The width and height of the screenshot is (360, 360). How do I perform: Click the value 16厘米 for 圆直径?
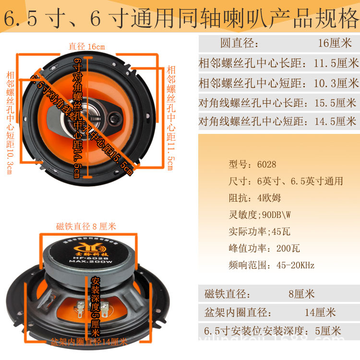[x=335, y=43]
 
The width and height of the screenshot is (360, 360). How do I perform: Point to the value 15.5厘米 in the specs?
[x=335, y=102]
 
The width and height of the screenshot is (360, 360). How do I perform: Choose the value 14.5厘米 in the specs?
[x=335, y=122]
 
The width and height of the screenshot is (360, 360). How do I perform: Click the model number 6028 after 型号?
[x=266, y=164]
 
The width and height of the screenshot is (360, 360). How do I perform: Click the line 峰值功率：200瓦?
[x=264, y=248]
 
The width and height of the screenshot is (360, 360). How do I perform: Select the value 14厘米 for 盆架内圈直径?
[x=320, y=312]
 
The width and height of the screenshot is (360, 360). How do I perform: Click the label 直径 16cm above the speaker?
[x=86, y=47]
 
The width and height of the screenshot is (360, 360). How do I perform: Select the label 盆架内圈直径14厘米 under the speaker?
[x=89, y=342]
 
